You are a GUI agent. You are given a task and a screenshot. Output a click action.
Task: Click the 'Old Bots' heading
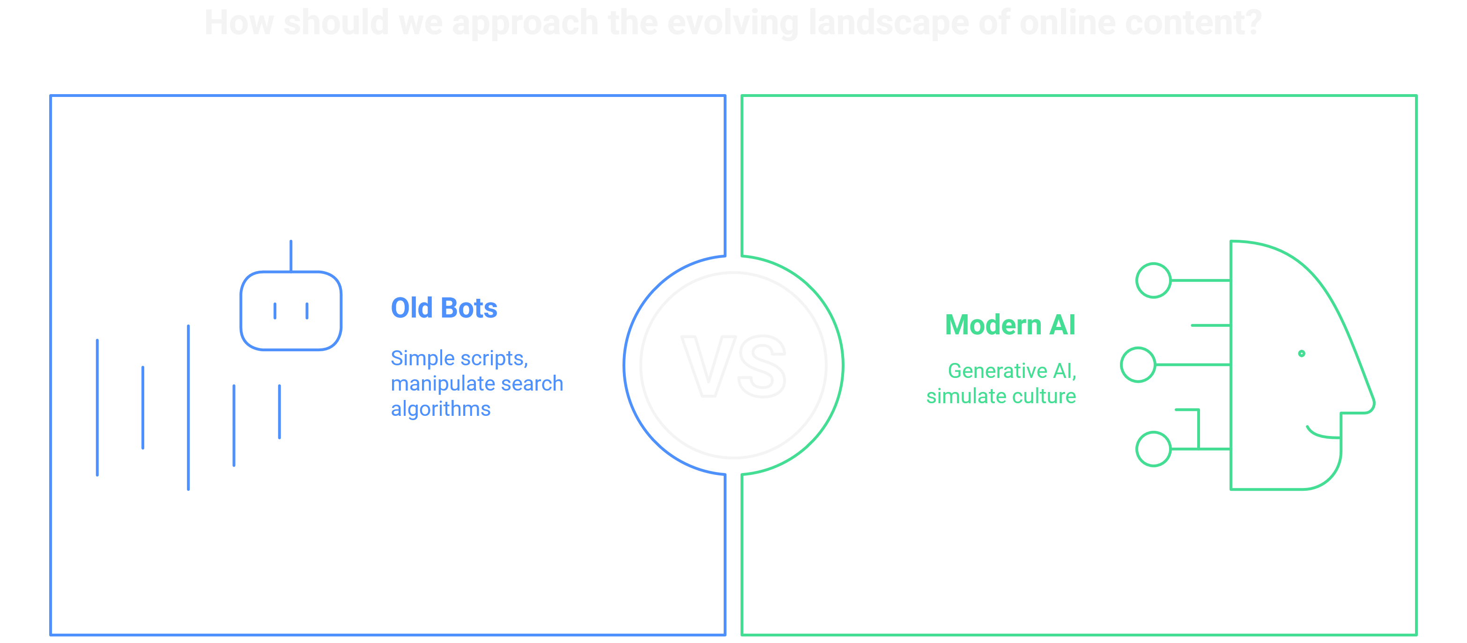[444, 308]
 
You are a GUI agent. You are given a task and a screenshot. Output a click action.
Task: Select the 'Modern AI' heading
[1010, 325]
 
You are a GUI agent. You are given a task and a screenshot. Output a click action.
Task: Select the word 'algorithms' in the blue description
[440, 409]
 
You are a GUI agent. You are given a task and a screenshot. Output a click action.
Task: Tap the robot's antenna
[291, 255]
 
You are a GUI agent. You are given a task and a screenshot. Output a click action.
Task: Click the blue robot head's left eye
[275, 311]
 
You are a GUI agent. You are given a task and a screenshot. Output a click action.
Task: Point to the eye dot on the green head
[1301, 354]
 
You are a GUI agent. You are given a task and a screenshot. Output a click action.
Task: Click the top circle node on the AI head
[1153, 280]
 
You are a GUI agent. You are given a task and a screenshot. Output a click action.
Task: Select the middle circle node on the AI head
[1138, 364]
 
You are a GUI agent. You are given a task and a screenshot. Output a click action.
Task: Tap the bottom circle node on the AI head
[1153, 449]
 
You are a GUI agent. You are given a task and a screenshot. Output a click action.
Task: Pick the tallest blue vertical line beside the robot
[188, 407]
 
